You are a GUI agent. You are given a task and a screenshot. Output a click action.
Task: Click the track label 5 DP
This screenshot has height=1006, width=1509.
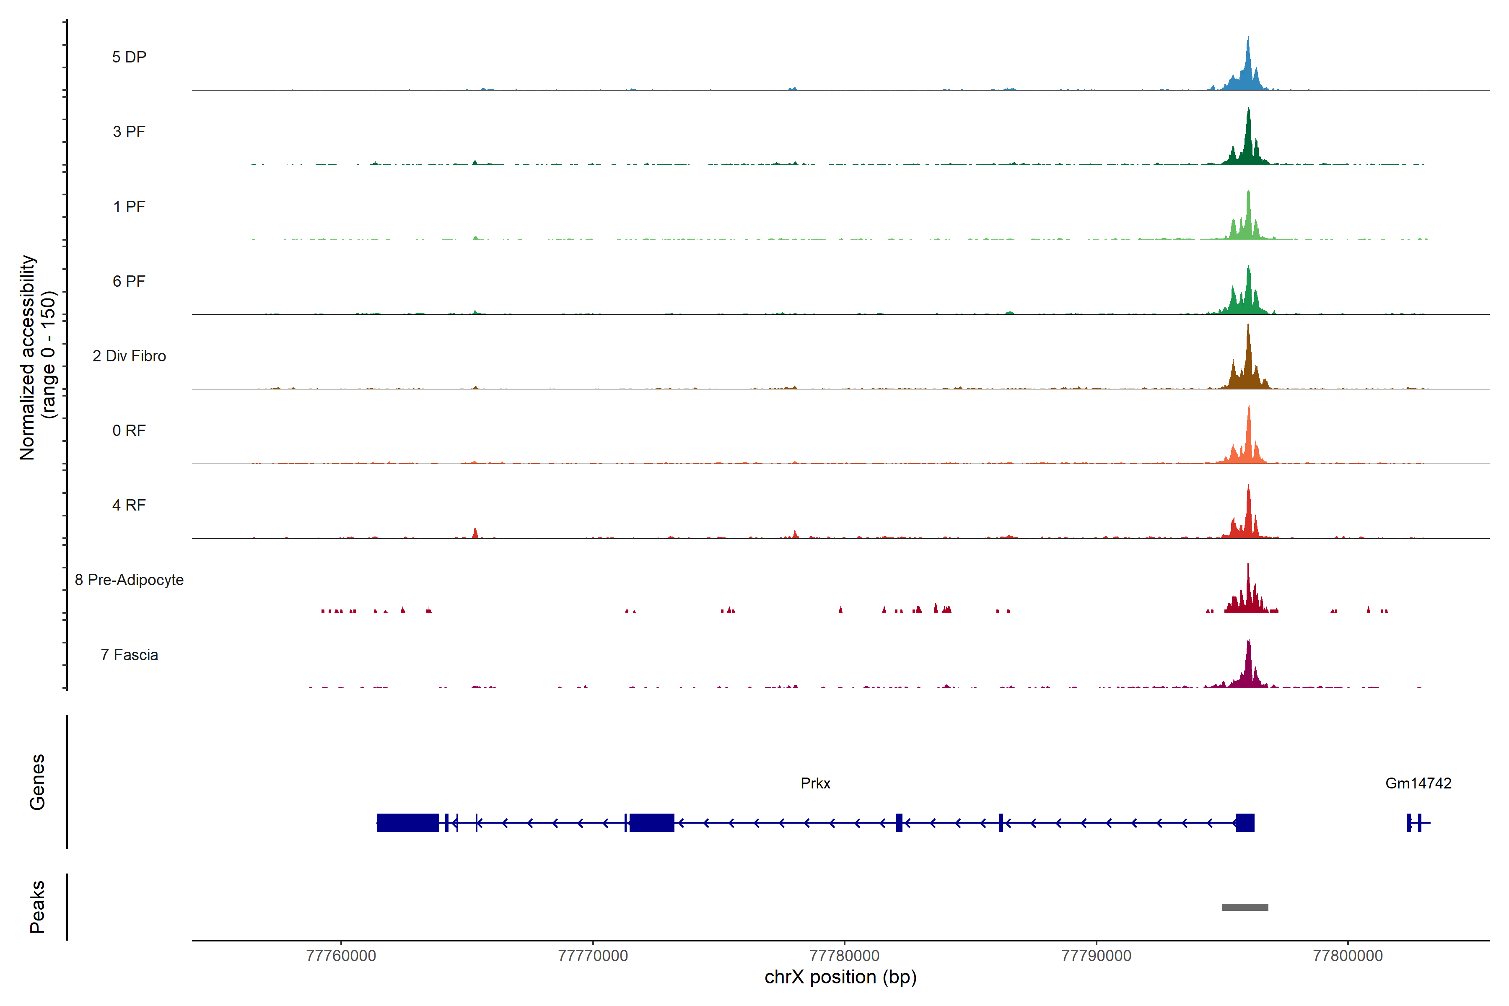click(x=129, y=57)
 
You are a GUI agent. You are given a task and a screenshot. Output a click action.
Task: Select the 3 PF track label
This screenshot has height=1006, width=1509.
click(x=129, y=132)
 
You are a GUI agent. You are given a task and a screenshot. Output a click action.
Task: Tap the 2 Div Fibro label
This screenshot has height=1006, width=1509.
click(x=129, y=356)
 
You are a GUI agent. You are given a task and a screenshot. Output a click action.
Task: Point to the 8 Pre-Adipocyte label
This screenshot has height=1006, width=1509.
click(x=129, y=580)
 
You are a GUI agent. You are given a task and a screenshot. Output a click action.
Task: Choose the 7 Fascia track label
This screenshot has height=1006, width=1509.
click(x=129, y=655)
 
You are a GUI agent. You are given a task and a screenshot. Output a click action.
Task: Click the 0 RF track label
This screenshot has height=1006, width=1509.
click(x=129, y=430)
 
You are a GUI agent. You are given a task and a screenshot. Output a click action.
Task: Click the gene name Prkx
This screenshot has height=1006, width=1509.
click(x=815, y=783)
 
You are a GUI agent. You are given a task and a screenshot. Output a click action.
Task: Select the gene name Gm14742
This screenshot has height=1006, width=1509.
click(x=1418, y=783)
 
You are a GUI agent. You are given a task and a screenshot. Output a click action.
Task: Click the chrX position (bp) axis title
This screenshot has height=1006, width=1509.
click(x=840, y=977)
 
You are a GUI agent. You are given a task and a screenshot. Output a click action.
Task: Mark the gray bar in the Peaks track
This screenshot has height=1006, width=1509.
click(x=1245, y=907)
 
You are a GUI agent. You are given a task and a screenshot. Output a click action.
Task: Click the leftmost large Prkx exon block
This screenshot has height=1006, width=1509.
click(x=407, y=822)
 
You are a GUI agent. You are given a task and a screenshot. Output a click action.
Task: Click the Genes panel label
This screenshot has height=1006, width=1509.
click(x=37, y=782)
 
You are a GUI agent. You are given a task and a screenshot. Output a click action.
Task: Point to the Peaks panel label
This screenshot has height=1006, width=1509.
click(x=37, y=907)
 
